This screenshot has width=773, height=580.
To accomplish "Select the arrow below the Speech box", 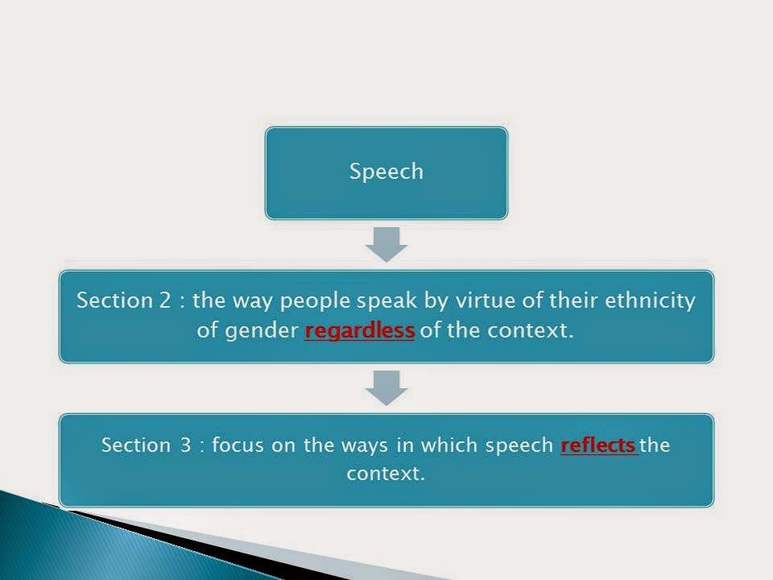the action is tap(386, 245).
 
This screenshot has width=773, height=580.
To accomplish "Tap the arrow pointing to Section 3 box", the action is tap(386, 388).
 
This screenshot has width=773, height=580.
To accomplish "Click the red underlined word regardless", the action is tap(360, 330).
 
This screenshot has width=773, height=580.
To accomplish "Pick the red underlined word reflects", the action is tap(598, 445).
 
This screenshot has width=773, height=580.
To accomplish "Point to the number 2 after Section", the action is tap(164, 300).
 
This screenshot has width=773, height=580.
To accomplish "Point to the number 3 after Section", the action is tap(185, 445).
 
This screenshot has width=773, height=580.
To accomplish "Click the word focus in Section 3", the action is tap(238, 445).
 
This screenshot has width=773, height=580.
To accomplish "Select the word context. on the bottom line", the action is tap(386, 474).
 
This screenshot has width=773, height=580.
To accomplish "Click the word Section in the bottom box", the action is tap(135, 445).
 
